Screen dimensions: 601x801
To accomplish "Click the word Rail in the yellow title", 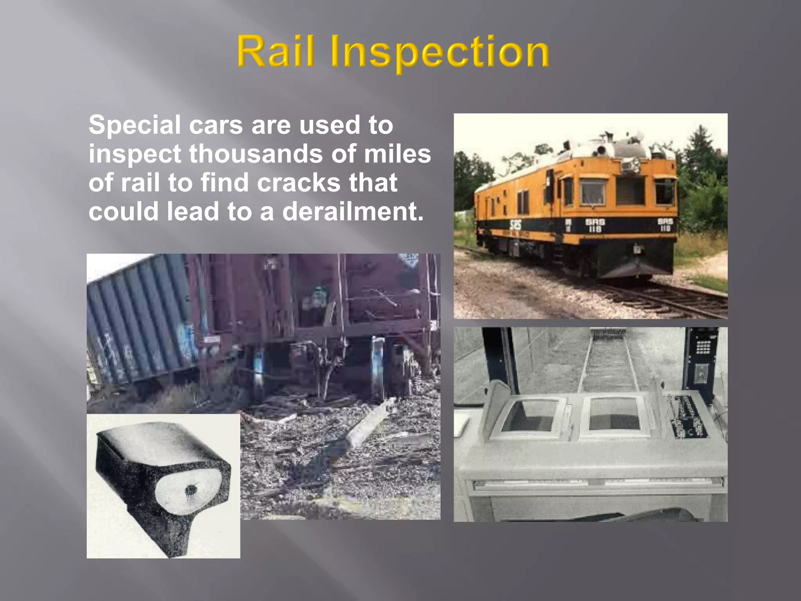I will pos(275,51).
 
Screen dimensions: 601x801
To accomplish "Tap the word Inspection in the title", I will pos(440,52).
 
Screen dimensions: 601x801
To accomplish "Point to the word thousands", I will pos(256,154).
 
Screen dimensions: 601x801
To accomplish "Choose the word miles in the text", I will pos(397,154).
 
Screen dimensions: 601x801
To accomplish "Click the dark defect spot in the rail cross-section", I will pos(191,489).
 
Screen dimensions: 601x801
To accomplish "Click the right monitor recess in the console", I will pos(614,414).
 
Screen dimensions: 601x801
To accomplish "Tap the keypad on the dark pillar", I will pos(703,346).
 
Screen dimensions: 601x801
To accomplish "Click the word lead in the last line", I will pos(192,211).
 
